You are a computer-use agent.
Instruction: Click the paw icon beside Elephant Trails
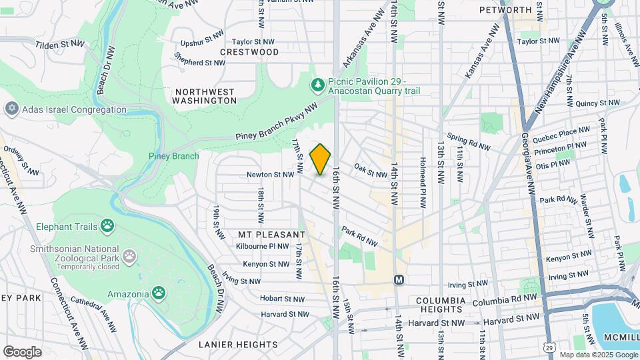pyautogui.click(x=107, y=225)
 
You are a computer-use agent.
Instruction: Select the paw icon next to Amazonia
pyautogui.click(x=158, y=293)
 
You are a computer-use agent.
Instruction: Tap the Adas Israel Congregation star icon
pyautogui.click(x=11, y=109)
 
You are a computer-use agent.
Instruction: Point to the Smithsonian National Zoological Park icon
pyautogui.click(x=129, y=255)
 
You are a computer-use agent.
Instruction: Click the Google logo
pyautogui.click(x=22, y=351)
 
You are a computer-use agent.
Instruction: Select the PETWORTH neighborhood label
pyautogui.click(x=505, y=10)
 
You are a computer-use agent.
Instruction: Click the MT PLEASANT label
pyautogui.click(x=271, y=235)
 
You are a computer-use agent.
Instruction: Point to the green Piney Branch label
pyautogui.click(x=173, y=156)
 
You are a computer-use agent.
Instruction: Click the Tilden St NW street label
pyautogui.click(x=60, y=43)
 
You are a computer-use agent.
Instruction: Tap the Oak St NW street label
pyautogui.click(x=371, y=171)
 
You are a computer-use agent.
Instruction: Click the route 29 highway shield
pyautogui.click(x=548, y=347)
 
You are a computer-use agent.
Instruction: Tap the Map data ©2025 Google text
pyautogui.click(x=597, y=355)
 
